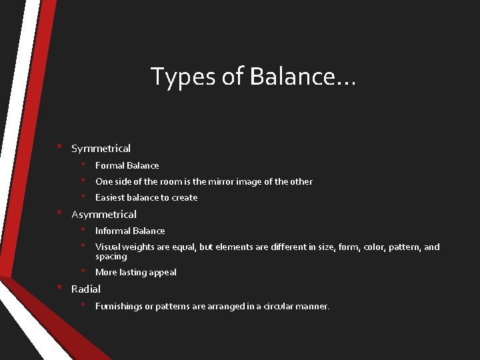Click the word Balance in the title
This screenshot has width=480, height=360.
pos(303,77)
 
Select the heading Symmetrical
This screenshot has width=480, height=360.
pos(101,149)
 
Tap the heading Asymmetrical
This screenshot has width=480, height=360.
pos(103,215)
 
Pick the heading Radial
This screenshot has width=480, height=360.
pos(86,289)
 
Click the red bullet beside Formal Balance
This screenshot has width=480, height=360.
pos(83,164)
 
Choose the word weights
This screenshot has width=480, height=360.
pos(141,247)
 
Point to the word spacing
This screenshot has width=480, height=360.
pos(111,257)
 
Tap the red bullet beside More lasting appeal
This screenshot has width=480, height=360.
pos(83,271)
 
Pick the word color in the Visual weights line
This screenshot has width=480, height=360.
pos(366,247)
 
